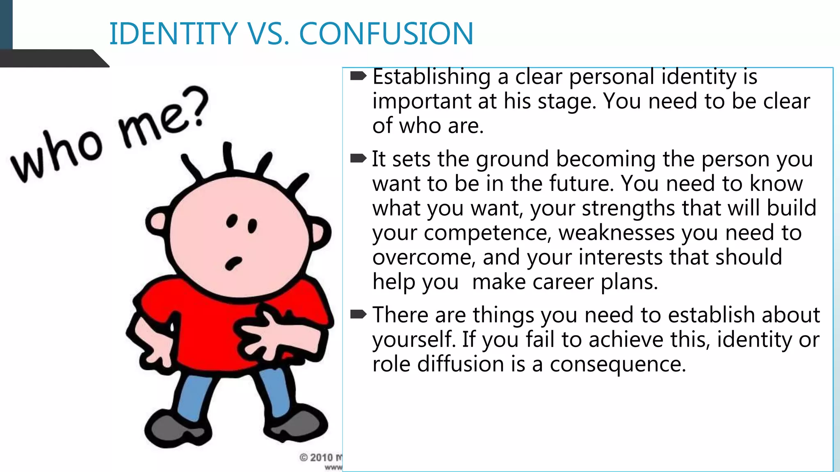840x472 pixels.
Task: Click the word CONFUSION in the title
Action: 386,34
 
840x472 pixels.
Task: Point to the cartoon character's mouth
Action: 233,262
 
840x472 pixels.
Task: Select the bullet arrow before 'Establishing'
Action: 358,76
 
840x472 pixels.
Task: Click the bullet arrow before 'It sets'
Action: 358,159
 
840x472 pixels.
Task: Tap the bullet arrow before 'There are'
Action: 358,315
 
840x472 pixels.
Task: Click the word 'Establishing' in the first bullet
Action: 431,77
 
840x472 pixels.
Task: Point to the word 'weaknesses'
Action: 616,233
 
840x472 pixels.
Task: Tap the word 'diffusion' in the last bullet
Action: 461,364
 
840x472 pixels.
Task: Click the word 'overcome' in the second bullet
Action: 424,258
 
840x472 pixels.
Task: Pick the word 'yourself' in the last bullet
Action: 414,340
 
